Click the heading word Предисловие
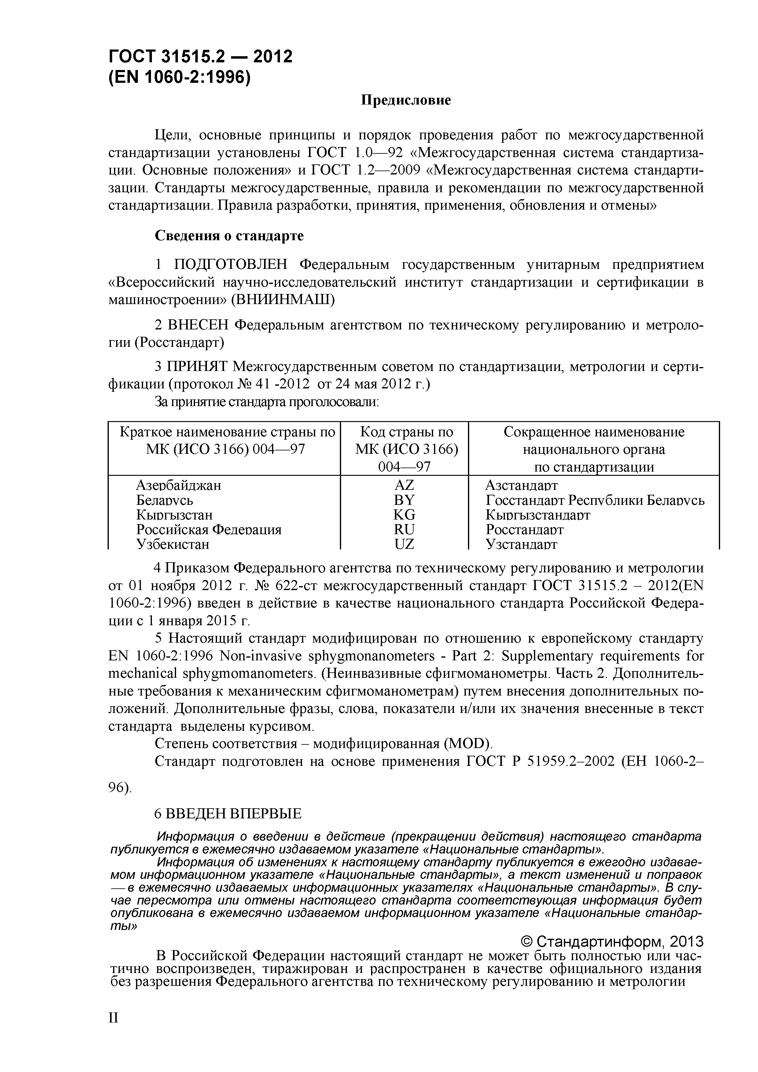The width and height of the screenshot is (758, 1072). [406, 100]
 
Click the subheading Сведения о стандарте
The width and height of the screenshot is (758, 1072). [229, 236]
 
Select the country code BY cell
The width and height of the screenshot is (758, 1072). [404, 500]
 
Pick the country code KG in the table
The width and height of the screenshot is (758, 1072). [404, 515]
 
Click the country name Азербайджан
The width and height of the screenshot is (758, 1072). [178, 486]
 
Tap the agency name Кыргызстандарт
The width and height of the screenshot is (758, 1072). [538, 515]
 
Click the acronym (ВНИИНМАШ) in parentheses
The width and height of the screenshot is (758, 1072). [282, 300]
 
